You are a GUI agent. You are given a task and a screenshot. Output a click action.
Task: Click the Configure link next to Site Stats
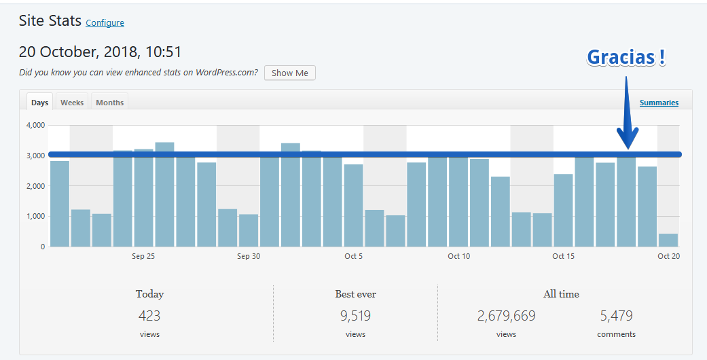(x=105, y=23)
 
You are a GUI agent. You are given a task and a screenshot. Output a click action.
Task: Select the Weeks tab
(x=72, y=103)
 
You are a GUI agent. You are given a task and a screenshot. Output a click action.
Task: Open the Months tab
(x=109, y=103)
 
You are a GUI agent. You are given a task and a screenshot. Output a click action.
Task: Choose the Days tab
(x=39, y=103)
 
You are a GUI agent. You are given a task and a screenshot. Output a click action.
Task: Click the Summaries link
(x=659, y=103)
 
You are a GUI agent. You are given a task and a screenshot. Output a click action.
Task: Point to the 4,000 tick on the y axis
(x=36, y=125)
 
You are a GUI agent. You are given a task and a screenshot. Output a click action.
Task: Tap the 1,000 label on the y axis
(x=36, y=216)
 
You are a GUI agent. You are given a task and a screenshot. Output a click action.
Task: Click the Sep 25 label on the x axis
(x=143, y=256)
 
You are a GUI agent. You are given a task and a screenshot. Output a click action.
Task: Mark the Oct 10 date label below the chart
(x=458, y=256)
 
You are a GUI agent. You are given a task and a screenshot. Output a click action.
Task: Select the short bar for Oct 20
(x=668, y=240)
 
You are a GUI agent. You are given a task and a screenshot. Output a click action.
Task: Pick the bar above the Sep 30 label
(x=249, y=230)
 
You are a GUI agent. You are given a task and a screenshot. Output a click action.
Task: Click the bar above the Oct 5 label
(x=353, y=206)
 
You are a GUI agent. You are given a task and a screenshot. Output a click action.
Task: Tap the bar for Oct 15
(x=563, y=210)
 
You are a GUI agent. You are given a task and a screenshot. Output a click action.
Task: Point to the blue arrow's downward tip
(x=628, y=149)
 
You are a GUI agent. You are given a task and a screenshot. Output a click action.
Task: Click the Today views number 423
(x=149, y=316)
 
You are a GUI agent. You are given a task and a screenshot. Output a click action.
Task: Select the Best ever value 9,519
(x=355, y=316)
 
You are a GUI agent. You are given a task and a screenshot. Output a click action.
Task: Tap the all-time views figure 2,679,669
(x=506, y=316)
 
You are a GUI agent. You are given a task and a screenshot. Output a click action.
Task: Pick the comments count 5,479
(x=617, y=316)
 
